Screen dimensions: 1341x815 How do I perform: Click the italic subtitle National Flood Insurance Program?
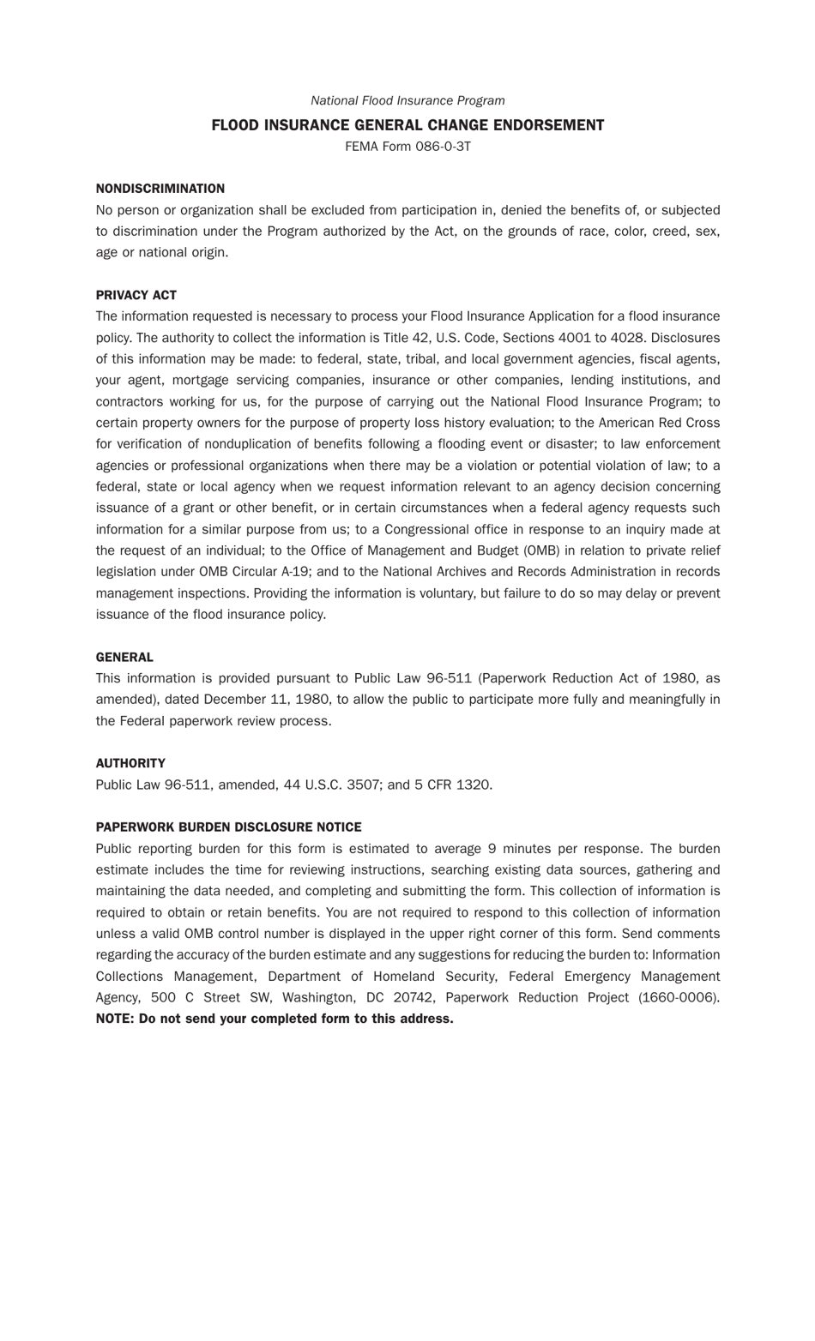(407, 101)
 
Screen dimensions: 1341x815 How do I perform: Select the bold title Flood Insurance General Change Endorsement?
(407, 125)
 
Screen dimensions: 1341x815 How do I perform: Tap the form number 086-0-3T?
(443, 147)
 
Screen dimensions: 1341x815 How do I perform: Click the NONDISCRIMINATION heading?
(160, 189)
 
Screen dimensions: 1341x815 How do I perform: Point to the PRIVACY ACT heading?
(136, 295)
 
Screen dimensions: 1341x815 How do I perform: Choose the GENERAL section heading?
(124, 658)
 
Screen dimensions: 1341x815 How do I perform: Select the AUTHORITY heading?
(130, 763)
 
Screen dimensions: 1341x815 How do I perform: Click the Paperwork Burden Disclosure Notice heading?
(228, 827)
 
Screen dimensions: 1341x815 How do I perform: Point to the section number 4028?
(627, 338)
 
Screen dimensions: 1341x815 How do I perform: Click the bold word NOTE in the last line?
(114, 1019)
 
